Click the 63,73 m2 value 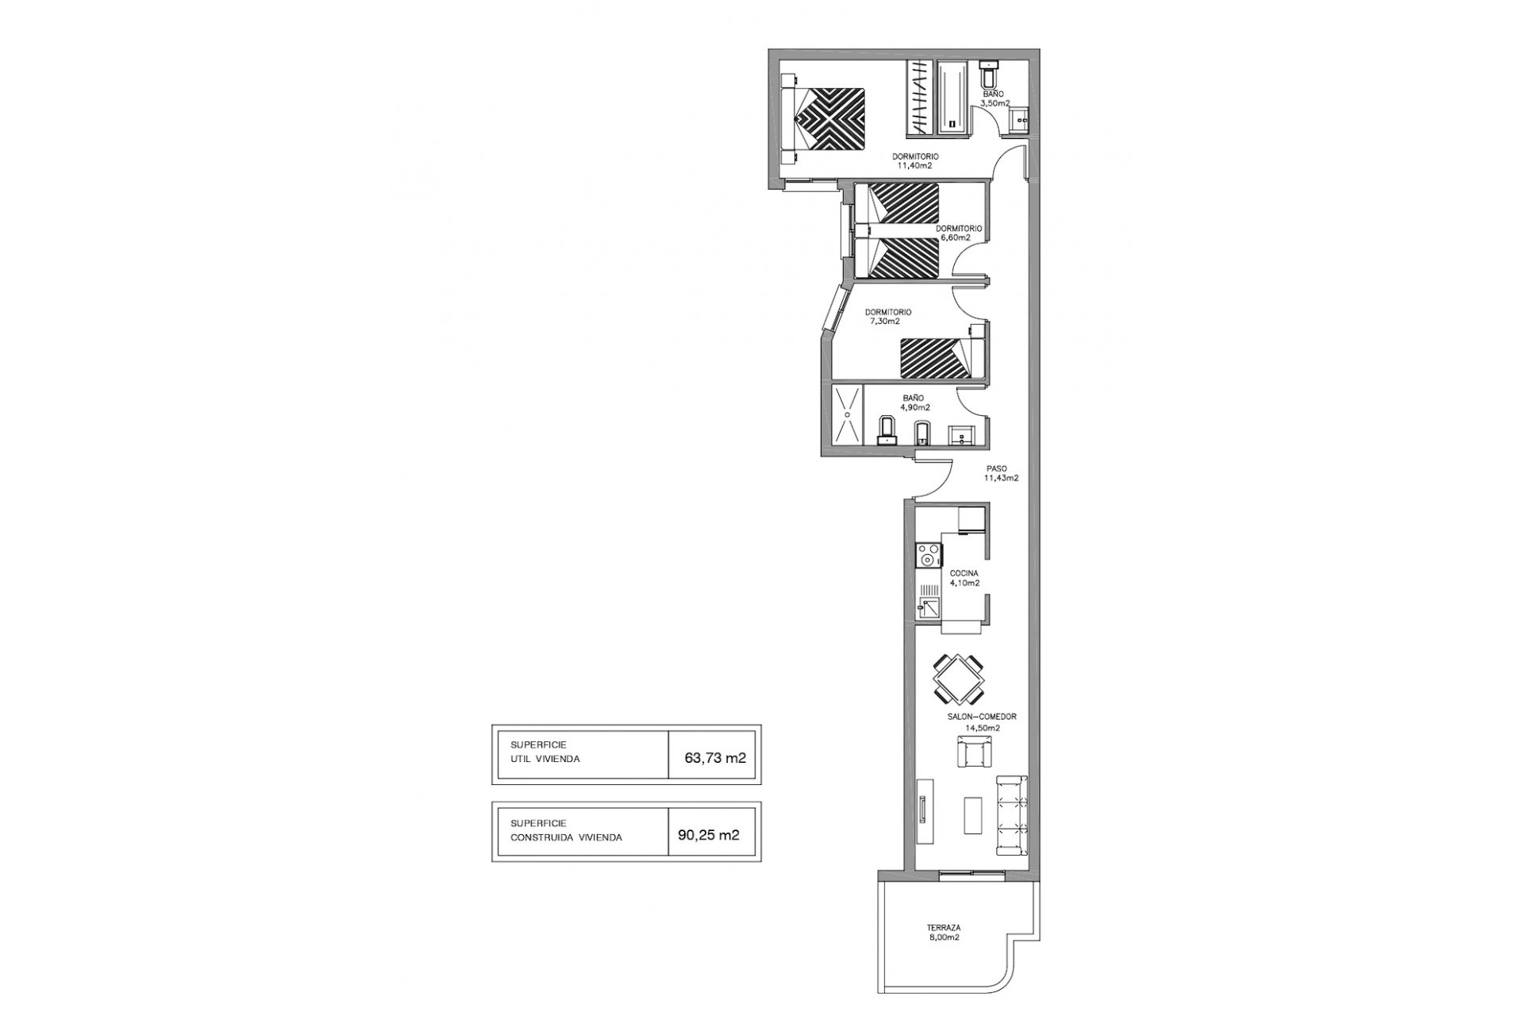(x=715, y=757)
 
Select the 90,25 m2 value (x=709, y=835)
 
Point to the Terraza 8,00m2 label (x=944, y=932)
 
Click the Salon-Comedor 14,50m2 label (x=982, y=722)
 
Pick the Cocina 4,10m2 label (x=964, y=578)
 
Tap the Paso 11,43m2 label (x=1001, y=474)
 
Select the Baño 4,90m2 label (x=915, y=403)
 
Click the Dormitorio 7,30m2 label (x=888, y=317)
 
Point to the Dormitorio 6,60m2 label (x=959, y=233)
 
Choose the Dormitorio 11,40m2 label (x=915, y=162)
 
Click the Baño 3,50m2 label (x=994, y=98)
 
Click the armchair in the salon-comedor (x=975, y=751)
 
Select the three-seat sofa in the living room (x=1011, y=816)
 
